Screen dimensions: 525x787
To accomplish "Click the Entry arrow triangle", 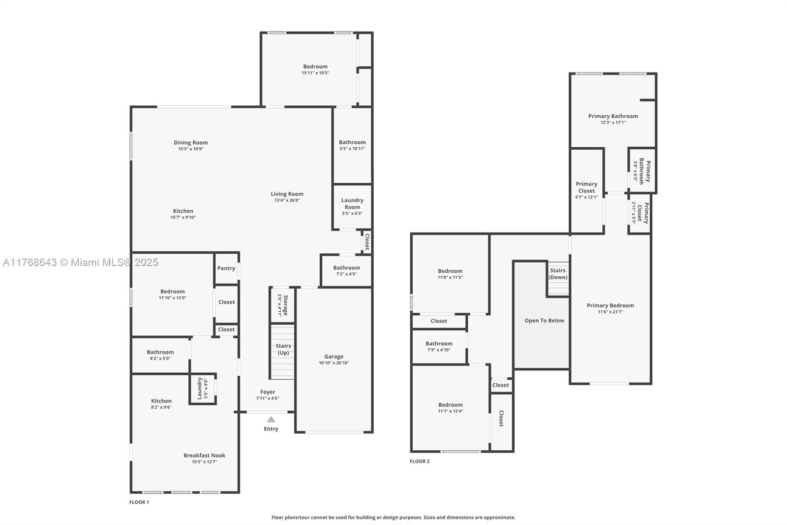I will tap(271, 419).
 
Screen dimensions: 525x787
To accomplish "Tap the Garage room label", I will tap(333, 357).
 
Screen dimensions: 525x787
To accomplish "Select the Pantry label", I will tap(226, 268).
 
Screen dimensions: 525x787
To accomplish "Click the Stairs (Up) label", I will tap(283, 349).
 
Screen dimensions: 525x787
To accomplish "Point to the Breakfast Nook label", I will tap(204, 456).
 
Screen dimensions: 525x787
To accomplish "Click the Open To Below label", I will tap(544, 321).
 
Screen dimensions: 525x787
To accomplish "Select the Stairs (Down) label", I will tap(558, 274).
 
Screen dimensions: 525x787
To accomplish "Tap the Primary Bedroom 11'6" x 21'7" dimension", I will tap(610, 312).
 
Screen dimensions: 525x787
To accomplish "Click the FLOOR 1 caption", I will tap(139, 502).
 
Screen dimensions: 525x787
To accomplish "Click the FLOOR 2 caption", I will tap(420, 461).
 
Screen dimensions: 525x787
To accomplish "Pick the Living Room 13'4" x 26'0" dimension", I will tap(287, 200).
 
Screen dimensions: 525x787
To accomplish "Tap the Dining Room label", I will tap(190, 143).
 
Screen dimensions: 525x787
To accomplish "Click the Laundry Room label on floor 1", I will tap(352, 203).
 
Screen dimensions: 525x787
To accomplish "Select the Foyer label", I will tap(268, 392).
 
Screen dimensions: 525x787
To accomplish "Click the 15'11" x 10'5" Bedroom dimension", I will tap(315, 73).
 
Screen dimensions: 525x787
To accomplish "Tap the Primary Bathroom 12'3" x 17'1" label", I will tap(613, 116).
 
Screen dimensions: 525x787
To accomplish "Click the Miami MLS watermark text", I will tap(80, 262).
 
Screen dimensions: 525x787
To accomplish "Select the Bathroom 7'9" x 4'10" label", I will tap(439, 344).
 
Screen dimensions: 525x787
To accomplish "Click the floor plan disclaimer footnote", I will tap(393, 518).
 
